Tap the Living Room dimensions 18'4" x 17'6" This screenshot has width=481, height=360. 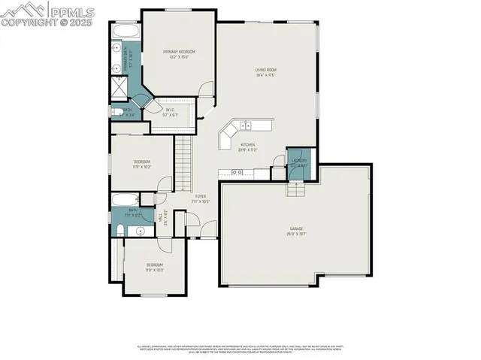[265, 74]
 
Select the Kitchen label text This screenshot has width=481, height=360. [248, 144]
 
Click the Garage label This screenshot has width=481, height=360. [296, 230]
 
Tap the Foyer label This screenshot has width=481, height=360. [201, 196]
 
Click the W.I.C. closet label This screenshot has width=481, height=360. [171, 110]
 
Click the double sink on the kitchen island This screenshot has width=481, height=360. [246, 125]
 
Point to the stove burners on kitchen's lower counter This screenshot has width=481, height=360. [237, 172]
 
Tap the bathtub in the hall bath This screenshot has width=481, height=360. [124, 199]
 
